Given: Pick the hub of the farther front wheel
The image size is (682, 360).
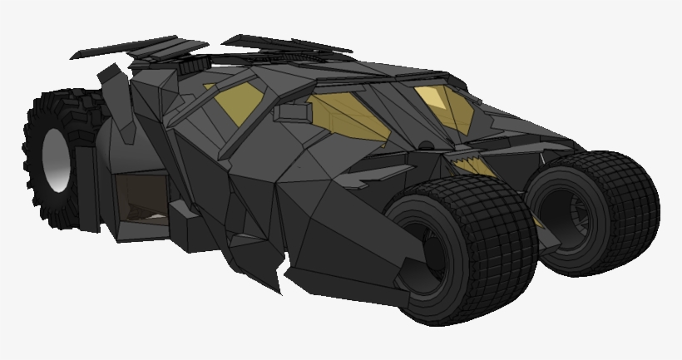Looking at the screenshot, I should [x=574, y=212].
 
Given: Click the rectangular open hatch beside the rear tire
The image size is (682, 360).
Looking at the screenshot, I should [x=141, y=200].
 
